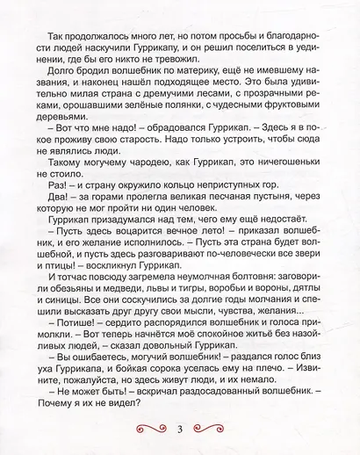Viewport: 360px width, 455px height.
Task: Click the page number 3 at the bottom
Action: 179,429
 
